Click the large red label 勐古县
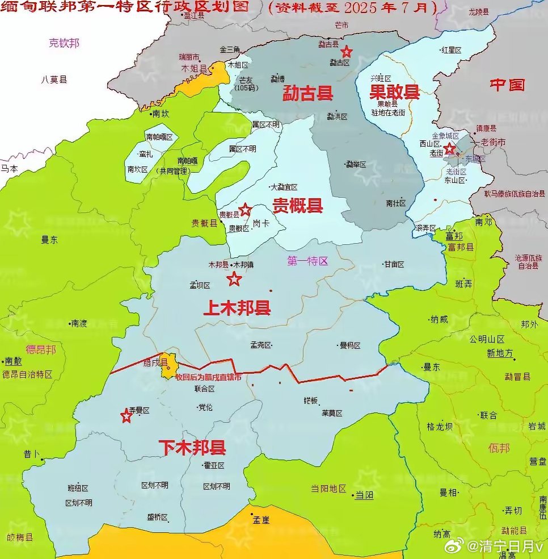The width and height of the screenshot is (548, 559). pyautogui.click(x=307, y=93)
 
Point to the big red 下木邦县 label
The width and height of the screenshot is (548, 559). pyautogui.click(x=192, y=448)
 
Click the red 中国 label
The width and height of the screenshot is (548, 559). pyautogui.click(x=508, y=85)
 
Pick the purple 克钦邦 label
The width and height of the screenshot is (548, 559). pyautogui.click(x=64, y=43)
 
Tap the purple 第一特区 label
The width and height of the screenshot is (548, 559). pyautogui.click(x=308, y=261)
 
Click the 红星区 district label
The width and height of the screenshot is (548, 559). pyautogui.click(x=452, y=50)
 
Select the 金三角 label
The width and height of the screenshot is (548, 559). pyautogui.click(x=230, y=49)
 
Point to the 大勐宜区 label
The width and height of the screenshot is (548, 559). pyautogui.click(x=284, y=187)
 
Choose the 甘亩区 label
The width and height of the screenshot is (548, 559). pyautogui.click(x=394, y=264)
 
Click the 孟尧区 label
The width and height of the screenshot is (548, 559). pyautogui.click(x=261, y=345)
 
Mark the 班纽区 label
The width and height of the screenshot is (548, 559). pyautogui.click(x=78, y=488)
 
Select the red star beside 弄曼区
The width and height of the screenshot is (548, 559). pyautogui.click(x=126, y=416)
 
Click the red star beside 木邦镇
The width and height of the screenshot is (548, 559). pyautogui.click(x=234, y=279)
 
